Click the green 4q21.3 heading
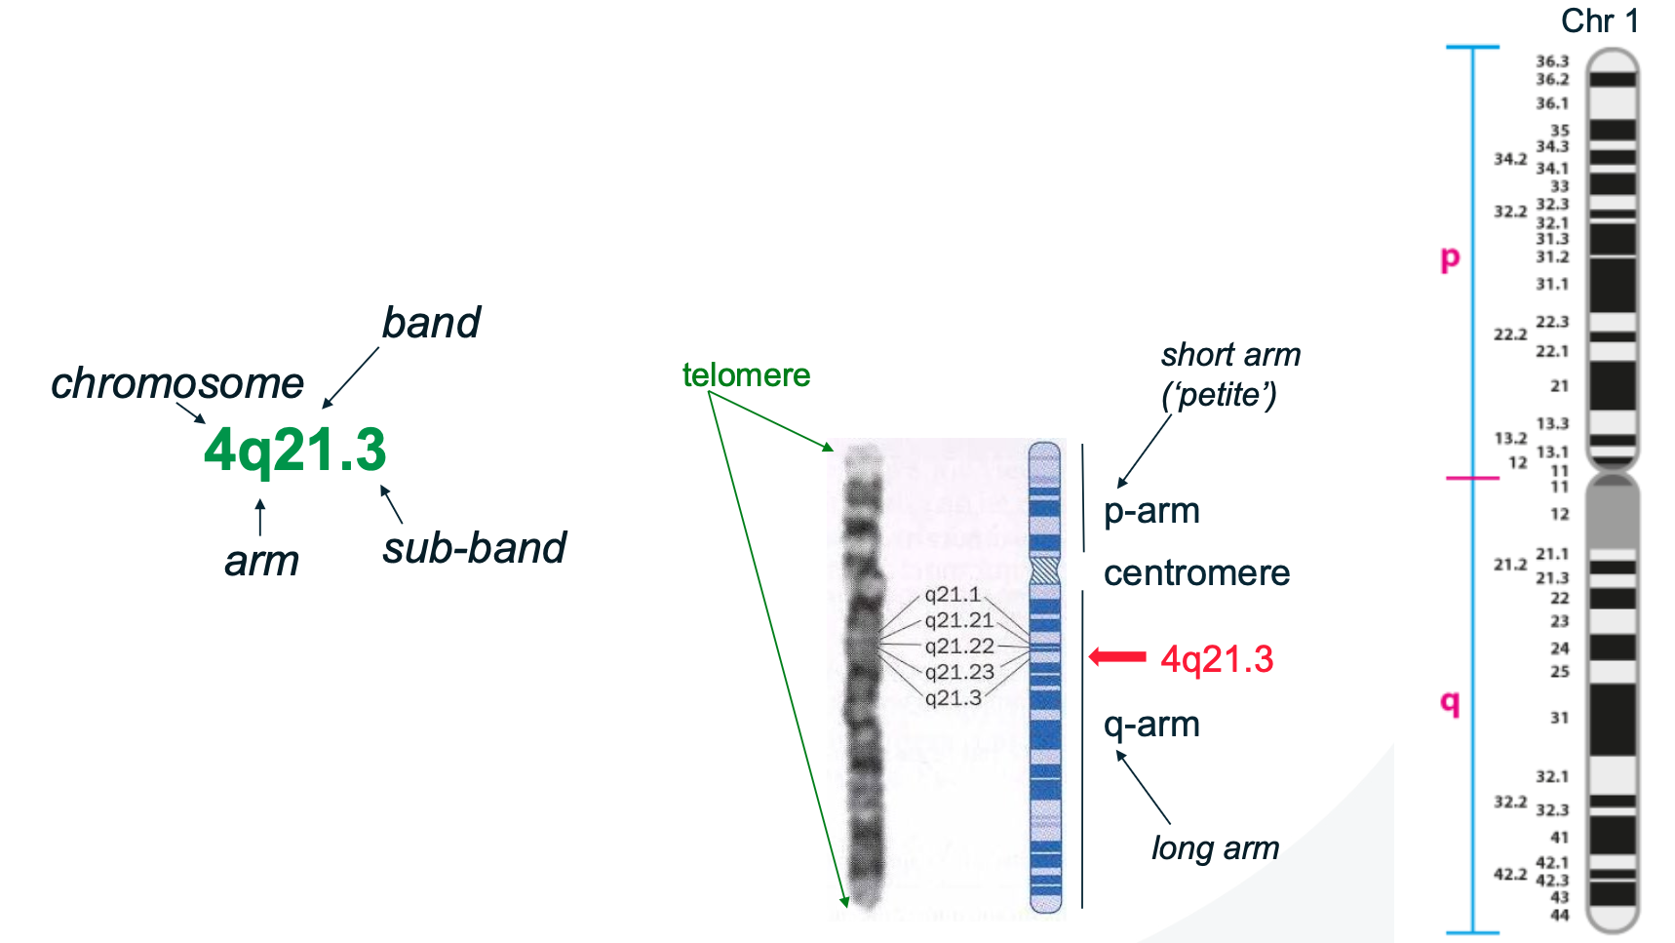point(295,451)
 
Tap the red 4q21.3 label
point(1217,660)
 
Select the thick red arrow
point(1117,657)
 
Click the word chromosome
point(177,383)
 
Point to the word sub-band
point(474,548)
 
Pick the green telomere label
point(746,375)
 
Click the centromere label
point(1196,573)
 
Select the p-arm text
point(1151,511)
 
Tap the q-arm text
point(1151,725)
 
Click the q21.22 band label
point(959,647)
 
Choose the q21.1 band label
point(953,595)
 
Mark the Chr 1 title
point(1600,20)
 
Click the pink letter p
point(1451,258)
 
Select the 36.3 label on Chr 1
point(1552,61)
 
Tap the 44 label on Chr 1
point(1560,915)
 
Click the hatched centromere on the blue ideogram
point(1045,570)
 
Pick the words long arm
point(1215,848)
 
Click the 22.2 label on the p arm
point(1510,334)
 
